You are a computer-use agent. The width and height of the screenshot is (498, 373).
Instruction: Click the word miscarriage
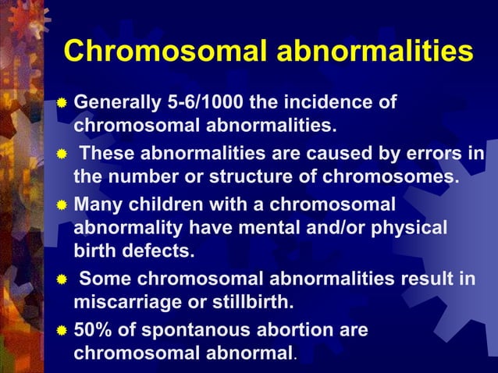130,301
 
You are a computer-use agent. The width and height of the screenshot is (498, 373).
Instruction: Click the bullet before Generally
63,103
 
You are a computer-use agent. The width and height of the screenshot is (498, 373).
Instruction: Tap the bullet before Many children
63,205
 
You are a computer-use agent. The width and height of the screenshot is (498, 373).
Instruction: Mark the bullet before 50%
63,331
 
